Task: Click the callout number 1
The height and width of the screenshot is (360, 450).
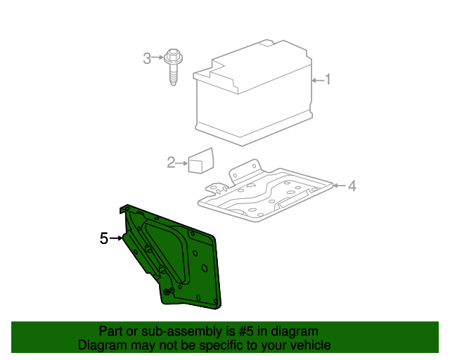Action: click(x=327, y=80)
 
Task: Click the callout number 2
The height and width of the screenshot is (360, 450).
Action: click(x=171, y=163)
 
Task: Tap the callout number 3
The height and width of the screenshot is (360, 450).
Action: click(x=147, y=58)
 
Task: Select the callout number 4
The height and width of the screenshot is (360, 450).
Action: click(x=352, y=186)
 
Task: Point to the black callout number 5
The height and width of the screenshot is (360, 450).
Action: click(x=104, y=239)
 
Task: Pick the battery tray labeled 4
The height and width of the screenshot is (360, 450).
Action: click(x=267, y=197)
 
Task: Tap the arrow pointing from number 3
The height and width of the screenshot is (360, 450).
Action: click(x=159, y=58)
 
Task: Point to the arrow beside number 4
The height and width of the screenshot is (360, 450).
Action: click(x=340, y=186)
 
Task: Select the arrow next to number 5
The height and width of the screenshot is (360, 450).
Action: click(x=116, y=239)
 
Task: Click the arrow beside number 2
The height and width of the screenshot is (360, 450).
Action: click(x=182, y=163)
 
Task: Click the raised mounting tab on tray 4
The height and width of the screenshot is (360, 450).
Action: click(x=245, y=169)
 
